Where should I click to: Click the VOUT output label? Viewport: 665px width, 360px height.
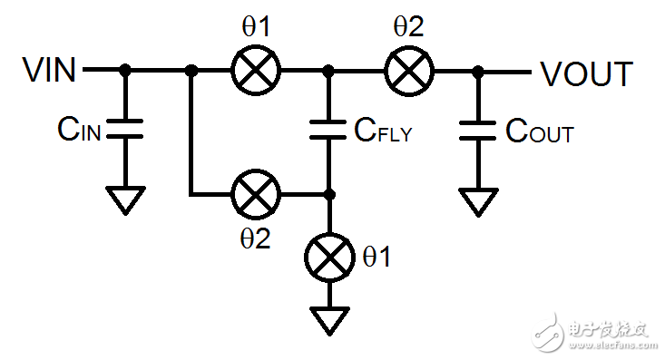click(x=586, y=73)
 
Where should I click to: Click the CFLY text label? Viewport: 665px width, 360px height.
click(x=382, y=133)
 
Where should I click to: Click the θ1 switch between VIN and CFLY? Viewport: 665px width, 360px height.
click(x=257, y=69)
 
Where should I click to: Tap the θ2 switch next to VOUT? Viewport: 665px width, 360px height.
click(x=409, y=69)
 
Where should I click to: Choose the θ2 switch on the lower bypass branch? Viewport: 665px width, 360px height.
click(x=257, y=194)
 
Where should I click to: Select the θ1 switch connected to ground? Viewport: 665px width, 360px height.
click(x=329, y=258)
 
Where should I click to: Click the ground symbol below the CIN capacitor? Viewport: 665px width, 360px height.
click(x=126, y=199)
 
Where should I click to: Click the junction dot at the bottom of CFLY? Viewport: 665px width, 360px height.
click(x=329, y=194)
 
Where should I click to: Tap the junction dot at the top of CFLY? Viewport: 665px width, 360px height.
click(x=329, y=69)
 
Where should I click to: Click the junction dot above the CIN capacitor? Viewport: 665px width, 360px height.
click(x=126, y=69)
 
